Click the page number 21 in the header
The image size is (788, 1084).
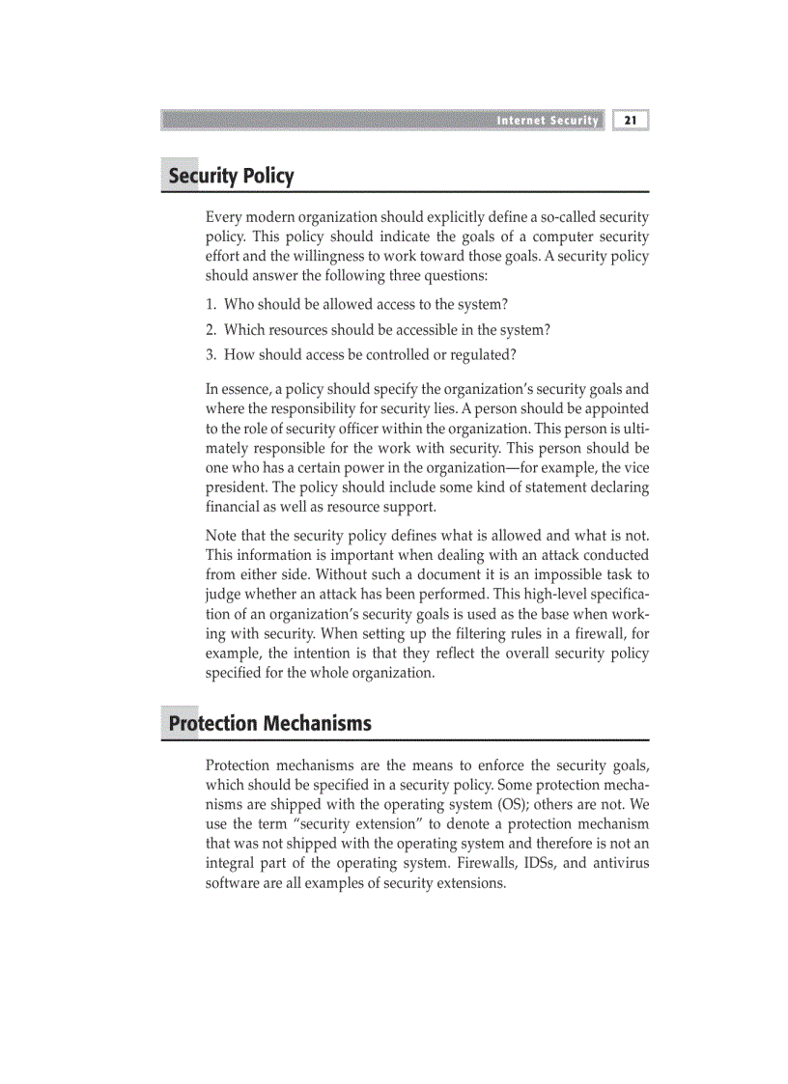point(631,121)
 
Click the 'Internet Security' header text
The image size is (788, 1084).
point(548,121)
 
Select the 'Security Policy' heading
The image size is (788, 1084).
point(231,177)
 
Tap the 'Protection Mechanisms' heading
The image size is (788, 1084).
point(269,724)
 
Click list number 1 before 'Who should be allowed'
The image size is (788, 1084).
point(211,305)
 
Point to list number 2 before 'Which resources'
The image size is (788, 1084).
point(211,330)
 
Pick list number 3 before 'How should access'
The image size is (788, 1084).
point(211,355)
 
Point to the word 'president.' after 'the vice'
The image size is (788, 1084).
point(234,487)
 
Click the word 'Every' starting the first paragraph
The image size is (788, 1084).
point(224,217)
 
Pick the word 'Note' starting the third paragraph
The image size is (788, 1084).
point(221,536)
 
